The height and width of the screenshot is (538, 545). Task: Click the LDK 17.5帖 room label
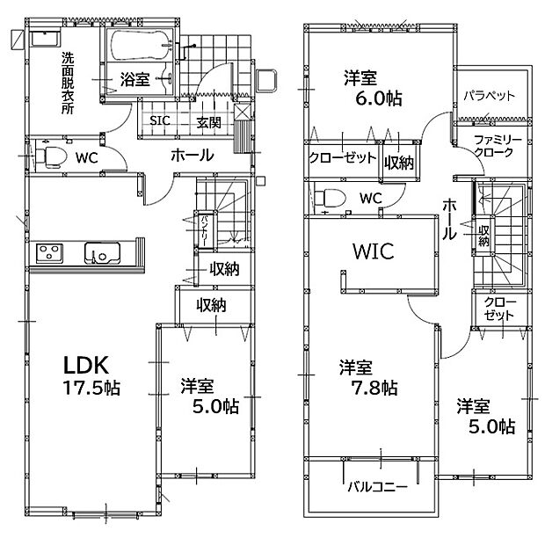[91, 376]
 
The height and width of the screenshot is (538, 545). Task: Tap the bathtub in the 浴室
[139, 45]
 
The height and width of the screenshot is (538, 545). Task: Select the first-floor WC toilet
[51, 156]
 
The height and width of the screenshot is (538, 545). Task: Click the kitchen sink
[102, 252]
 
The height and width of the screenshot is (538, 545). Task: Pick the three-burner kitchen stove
[50, 253]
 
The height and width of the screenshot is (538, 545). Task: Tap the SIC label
[160, 120]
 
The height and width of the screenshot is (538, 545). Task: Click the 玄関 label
[208, 122]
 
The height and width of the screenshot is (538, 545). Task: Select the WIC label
[374, 251]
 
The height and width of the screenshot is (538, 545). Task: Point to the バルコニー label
[377, 487]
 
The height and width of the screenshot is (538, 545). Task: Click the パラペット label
[489, 96]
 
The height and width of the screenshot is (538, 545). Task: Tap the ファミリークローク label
[498, 147]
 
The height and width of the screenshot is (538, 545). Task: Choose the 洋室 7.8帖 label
[368, 377]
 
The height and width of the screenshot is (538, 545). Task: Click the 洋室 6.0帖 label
[373, 88]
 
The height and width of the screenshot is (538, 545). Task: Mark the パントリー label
[203, 230]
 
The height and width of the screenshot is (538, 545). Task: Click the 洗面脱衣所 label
[68, 83]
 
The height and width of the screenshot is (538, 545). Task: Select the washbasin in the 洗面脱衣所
[46, 38]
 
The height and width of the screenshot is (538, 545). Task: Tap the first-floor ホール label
[192, 155]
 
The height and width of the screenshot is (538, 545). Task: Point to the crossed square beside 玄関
[243, 112]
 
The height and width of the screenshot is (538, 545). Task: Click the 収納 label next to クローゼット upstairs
[399, 163]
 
